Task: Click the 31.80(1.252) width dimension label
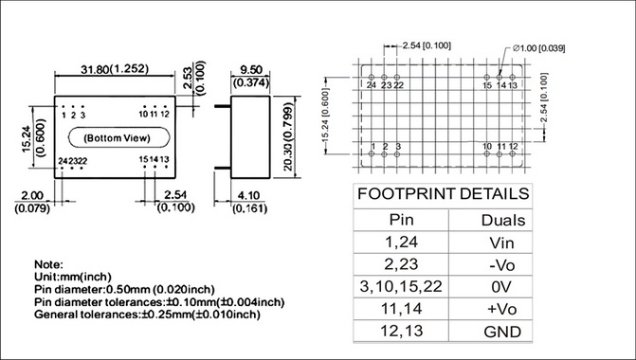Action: (x=115, y=69)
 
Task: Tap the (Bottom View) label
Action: (x=117, y=138)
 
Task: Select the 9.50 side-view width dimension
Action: (x=251, y=70)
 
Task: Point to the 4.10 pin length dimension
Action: (x=248, y=195)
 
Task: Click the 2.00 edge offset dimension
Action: (x=32, y=195)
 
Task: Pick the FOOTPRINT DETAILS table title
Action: (x=443, y=194)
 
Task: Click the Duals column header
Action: (x=503, y=220)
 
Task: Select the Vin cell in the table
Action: (x=501, y=243)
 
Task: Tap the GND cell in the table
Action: (x=502, y=332)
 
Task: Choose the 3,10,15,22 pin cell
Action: (x=401, y=287)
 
